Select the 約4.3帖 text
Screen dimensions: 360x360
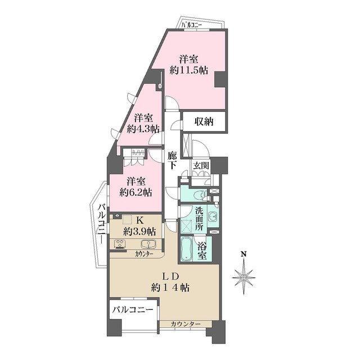(143, 129)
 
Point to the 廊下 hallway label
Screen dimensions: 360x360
(173, 159)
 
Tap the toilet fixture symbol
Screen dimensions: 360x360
(196, 195)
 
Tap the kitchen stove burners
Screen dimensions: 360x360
(120, 244)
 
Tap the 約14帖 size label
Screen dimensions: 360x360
(170, 287)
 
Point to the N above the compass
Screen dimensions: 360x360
(244, 254)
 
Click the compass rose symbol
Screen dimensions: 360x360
(244, 277)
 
